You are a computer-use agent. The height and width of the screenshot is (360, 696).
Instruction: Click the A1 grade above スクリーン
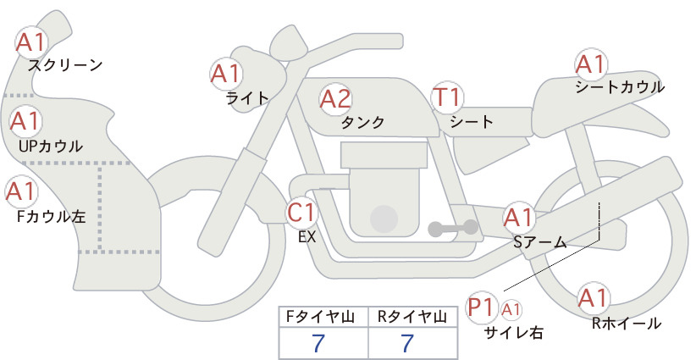[31, 42]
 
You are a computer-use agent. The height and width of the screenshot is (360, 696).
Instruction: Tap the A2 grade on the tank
[335, 99]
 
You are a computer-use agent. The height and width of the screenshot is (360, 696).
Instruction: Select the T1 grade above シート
[447, 97]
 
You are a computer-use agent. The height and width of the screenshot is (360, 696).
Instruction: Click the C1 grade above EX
[301, 212]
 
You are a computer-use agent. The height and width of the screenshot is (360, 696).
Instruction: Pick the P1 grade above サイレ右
[482, 307]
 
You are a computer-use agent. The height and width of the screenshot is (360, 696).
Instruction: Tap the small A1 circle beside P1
[511, 310]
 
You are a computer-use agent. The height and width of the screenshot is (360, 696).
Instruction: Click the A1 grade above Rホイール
[593, 298]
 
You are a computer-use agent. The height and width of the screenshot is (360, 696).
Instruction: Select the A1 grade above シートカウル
[591, 65]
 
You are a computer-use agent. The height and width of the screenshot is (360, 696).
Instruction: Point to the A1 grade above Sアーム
[519, 218]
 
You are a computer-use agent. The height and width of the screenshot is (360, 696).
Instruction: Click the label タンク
[362, 122]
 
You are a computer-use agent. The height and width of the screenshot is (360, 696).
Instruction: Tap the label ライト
[247, 97]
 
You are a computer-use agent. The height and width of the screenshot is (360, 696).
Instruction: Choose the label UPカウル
[51, 146]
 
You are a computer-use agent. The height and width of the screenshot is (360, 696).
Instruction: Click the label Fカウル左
[51, 217]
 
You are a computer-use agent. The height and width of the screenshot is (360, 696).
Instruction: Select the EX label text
[307, 237]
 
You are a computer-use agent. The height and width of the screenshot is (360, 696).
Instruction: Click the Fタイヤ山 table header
[320, 317]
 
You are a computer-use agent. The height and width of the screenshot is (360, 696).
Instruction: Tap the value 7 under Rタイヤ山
[407, 343]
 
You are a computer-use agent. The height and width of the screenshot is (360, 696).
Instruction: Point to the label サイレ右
[513, 333]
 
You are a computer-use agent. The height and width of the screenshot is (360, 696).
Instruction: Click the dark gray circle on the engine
[384, 219]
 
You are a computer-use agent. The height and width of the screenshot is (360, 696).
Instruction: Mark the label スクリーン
[65, 66]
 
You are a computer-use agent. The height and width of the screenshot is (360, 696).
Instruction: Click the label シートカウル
[620, 87]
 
